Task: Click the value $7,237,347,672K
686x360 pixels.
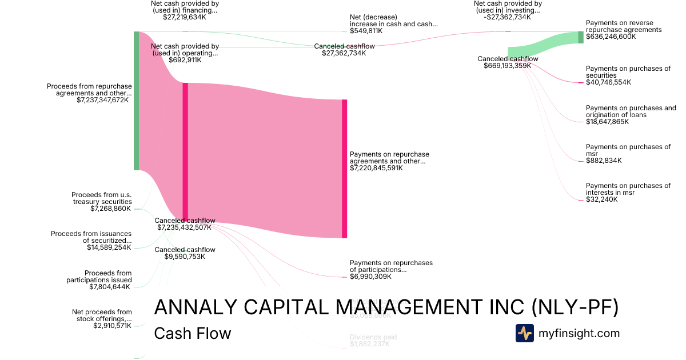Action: point(102,100)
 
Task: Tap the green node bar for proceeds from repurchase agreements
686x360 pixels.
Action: point(136,101)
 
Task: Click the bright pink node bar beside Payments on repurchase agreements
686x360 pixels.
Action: point(344,169)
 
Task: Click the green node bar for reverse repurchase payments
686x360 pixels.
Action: point(581,37)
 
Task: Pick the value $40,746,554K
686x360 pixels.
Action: point(608,82)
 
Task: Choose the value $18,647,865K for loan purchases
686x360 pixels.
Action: point(608,122)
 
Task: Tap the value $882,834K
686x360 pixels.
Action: point(604,161)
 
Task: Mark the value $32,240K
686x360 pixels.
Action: point(601,199)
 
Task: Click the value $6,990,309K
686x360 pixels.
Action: point(370,277)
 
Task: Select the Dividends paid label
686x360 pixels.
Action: point(373,337)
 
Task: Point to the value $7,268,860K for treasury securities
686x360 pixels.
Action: point(110,209)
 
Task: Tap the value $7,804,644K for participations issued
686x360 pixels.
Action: point(110,287)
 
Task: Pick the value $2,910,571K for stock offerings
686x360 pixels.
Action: point(112,326)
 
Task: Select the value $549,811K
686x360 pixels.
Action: point(366,31)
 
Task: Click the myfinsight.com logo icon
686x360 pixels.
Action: point(524,333)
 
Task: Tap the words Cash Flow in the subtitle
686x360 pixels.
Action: point(193,334)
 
